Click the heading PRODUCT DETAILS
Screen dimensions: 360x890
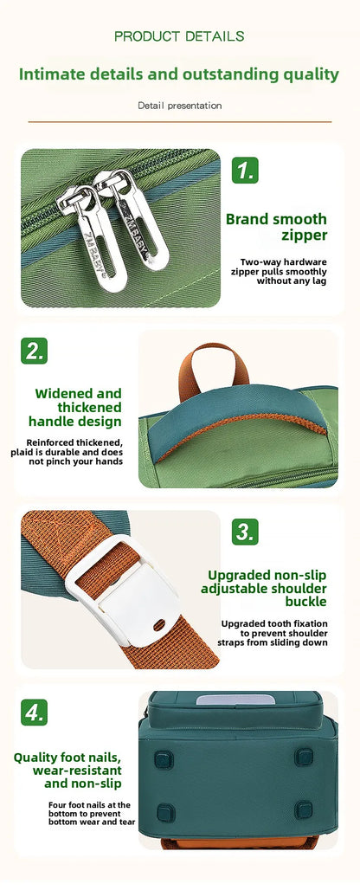pos(179,36)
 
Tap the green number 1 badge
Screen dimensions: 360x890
pos(245,170)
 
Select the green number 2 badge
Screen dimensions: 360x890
pos(34,351)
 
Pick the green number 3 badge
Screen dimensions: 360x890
pos(245,532)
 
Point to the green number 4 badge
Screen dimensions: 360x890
pos(34,712)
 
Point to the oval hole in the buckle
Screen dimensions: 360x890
pos(159,624)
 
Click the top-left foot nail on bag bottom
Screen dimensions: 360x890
pos(164,759)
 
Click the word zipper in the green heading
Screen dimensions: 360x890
pos(305,235)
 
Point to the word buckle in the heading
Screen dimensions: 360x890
pos(306,602)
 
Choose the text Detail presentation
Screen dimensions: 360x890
pos(180,106)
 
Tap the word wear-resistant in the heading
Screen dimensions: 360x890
pos(77,771)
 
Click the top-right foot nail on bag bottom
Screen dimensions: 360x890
pos(304,757)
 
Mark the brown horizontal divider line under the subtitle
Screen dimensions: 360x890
pos(180,121)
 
